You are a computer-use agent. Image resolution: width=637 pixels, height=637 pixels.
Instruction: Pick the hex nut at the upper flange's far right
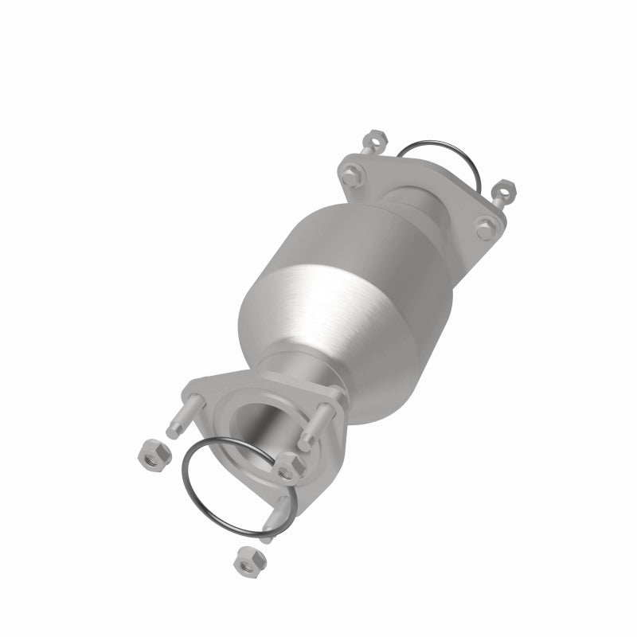(x=503, y=190)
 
